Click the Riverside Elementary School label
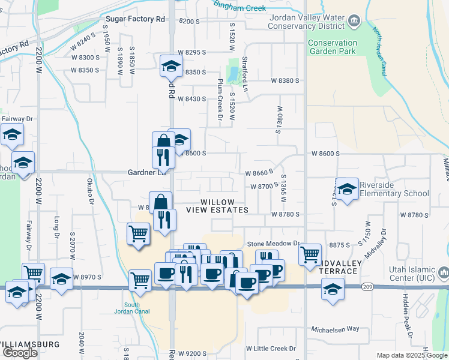[394, 189]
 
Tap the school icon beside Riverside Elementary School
[347, 190]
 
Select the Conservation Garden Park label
[332, 47]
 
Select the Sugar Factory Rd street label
[134, 19]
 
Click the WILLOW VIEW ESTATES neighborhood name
[217, 206]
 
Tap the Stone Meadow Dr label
[273, 244]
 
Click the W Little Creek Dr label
[271, 349]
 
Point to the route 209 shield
[366, 287]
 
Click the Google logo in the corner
[20, 353]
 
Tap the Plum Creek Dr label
[220, 100]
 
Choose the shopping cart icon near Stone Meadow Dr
[310, 254]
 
